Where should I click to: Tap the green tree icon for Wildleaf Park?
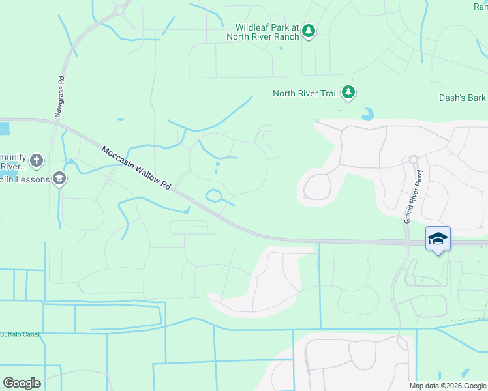309,31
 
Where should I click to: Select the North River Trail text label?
305,93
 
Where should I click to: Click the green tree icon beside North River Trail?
349,93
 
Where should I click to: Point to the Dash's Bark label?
463,98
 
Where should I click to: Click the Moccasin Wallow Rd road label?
136,168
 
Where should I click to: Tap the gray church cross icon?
37,160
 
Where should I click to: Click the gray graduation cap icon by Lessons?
59,179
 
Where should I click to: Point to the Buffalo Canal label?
20,334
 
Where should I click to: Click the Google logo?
22,383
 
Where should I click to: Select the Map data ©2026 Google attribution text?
446,386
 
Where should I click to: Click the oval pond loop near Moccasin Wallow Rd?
215,195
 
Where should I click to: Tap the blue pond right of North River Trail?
369,114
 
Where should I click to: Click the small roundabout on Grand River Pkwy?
412,160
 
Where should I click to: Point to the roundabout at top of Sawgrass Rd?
118,10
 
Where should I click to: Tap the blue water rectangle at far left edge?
4,128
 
